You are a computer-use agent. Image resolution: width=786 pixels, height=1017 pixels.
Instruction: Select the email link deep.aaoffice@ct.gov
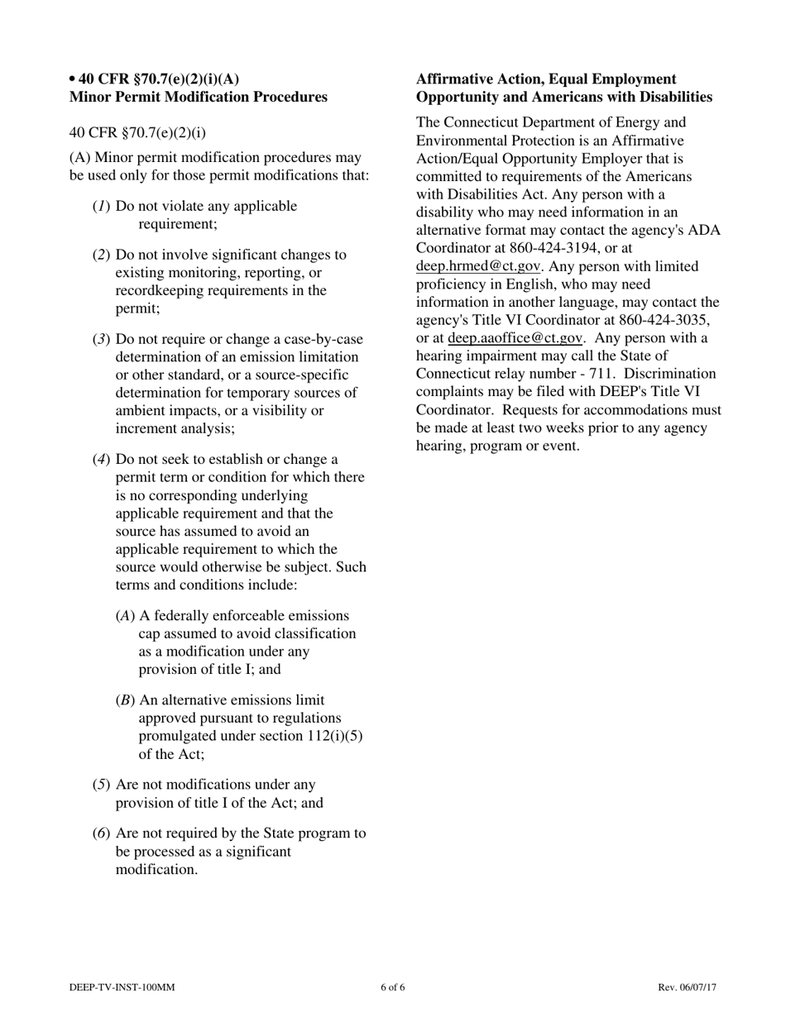pyautogui.click(x=515, y=338)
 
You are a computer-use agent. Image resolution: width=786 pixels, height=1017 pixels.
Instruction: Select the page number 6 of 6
pyautogui.click(x=393, y=987)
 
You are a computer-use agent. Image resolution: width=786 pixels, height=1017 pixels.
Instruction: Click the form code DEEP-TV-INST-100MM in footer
pyautogui.click(x=122, y=987)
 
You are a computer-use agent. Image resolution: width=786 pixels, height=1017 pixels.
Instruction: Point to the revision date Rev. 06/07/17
pyautogui.click(x=687, y=987)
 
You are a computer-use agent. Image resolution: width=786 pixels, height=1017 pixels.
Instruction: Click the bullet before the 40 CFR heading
pyautogui.click(x=73, y=79)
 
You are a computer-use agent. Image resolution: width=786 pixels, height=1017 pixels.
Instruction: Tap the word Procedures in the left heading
pyautogui.click(x=288, y=98)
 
